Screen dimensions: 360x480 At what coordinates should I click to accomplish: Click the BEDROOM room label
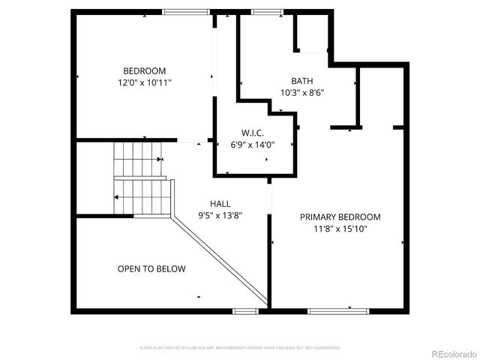tap(145, 70)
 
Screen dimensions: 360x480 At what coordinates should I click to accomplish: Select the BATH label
tap(302, 81)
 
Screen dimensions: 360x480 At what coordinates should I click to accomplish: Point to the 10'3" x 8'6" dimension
tap(302, 93)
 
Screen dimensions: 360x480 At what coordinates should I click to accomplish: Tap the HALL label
tap(220, 203)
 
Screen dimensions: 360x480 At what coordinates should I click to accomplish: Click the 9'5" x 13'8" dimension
tap(220, 215)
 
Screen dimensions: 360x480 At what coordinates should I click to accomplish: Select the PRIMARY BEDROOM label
tap(340, 217)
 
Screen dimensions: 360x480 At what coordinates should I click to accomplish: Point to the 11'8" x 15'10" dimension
tap(340, 229)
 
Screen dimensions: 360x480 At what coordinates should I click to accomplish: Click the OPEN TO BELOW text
tap(151, 268)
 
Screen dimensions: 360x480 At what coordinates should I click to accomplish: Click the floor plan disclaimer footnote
tap(240, 348)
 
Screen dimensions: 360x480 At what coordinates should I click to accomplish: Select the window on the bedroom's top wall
tap(186, 11)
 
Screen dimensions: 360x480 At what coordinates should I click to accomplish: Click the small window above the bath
tap(263, 11)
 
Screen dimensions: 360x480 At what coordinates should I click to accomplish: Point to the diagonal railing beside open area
tap(219, 259)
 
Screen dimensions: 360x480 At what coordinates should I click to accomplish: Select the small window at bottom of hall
tap(245, 310)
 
